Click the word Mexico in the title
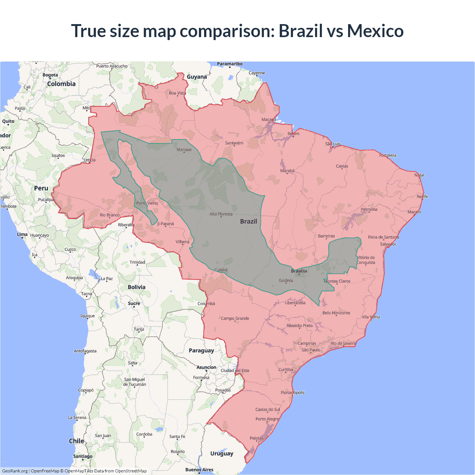375,31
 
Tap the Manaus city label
184,150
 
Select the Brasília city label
299,271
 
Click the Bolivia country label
137,287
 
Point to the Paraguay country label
201,351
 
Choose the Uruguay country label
222,453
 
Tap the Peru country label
41,189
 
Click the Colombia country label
61,84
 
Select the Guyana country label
197,77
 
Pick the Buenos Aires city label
199,470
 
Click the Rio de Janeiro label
343,344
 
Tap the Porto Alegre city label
267,419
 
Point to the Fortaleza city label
388,155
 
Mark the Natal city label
419,175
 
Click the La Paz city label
107,279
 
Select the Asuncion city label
206,367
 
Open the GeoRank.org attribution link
15,471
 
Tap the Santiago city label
83,456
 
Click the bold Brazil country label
248,222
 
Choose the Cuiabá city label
221,270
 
